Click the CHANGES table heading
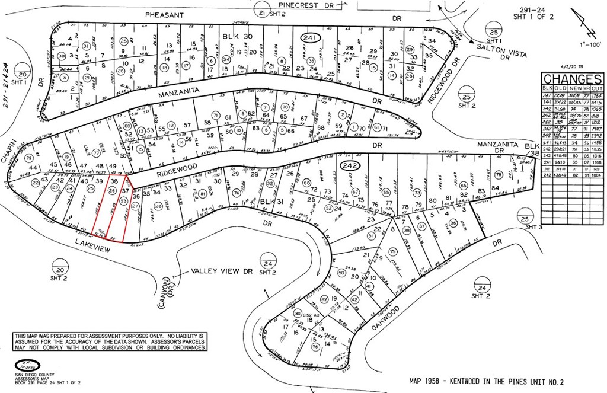(x=573, y=79)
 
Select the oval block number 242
(x=347, y=167)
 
